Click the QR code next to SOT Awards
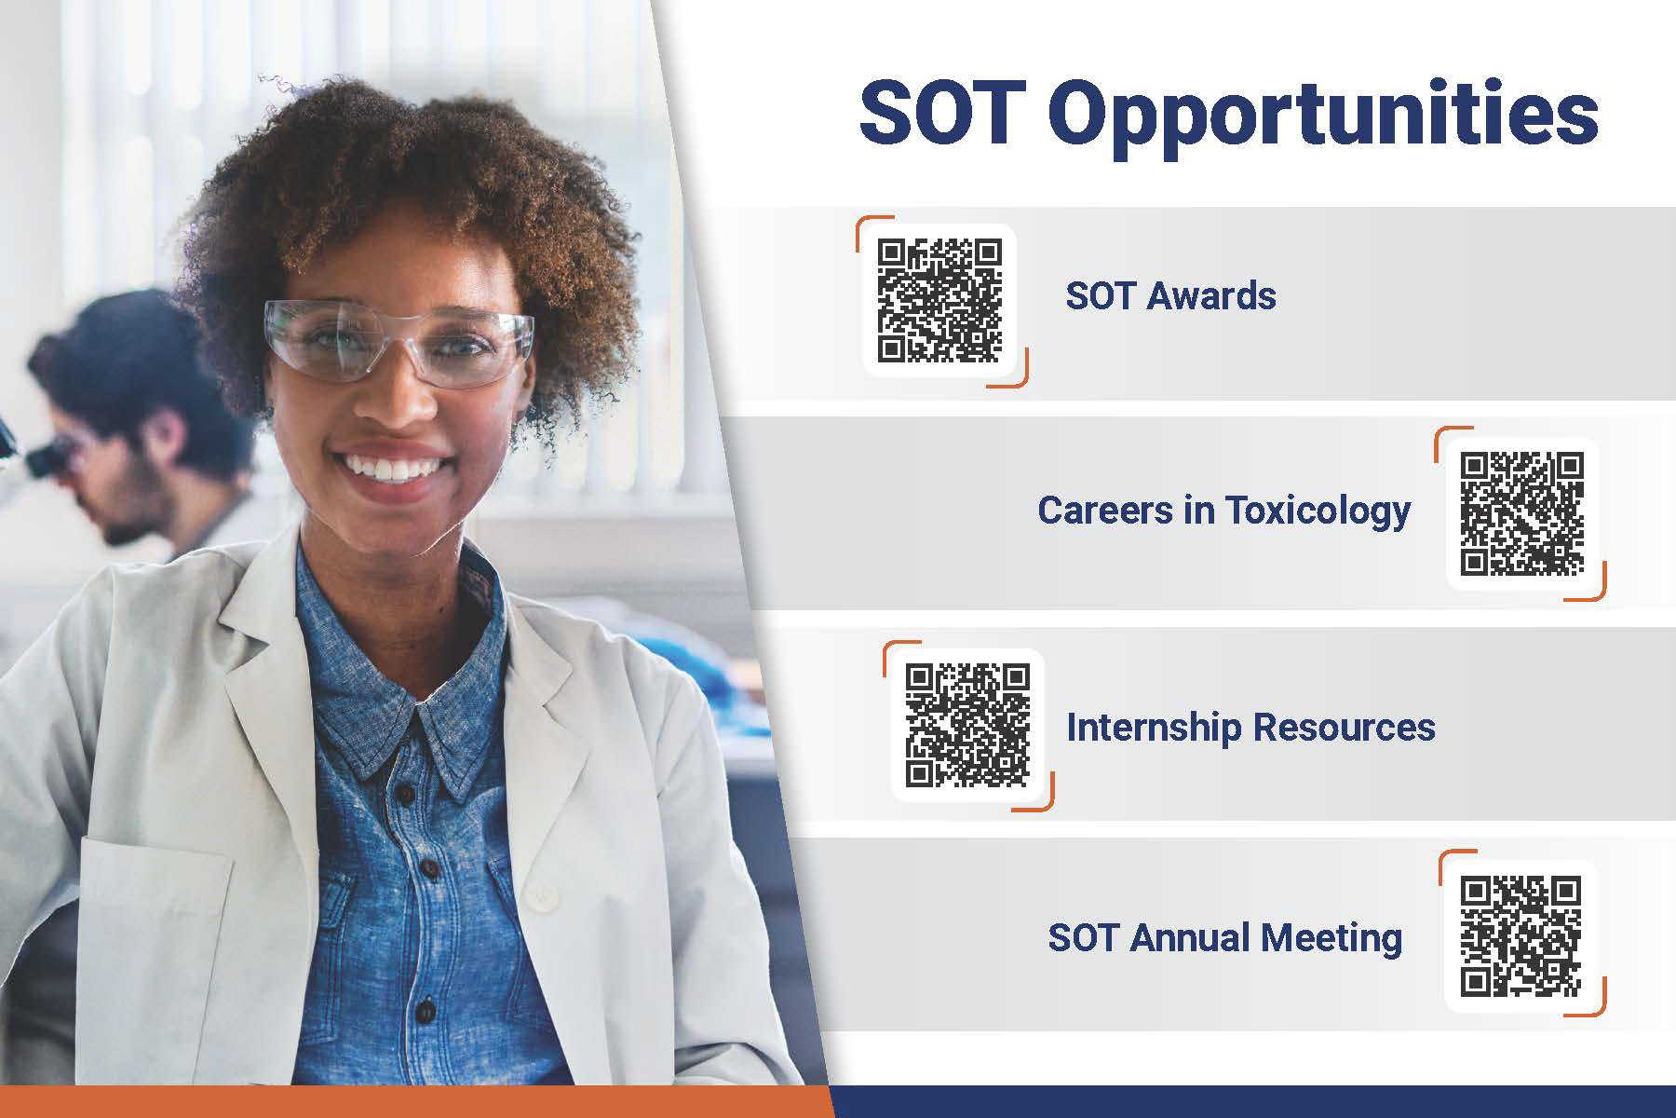click(940, 301)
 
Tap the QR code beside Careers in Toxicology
click(1522, 512)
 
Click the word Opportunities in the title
click(1323, 116)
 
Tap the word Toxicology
click(1317, 511)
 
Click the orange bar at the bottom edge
click(414, 1102)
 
